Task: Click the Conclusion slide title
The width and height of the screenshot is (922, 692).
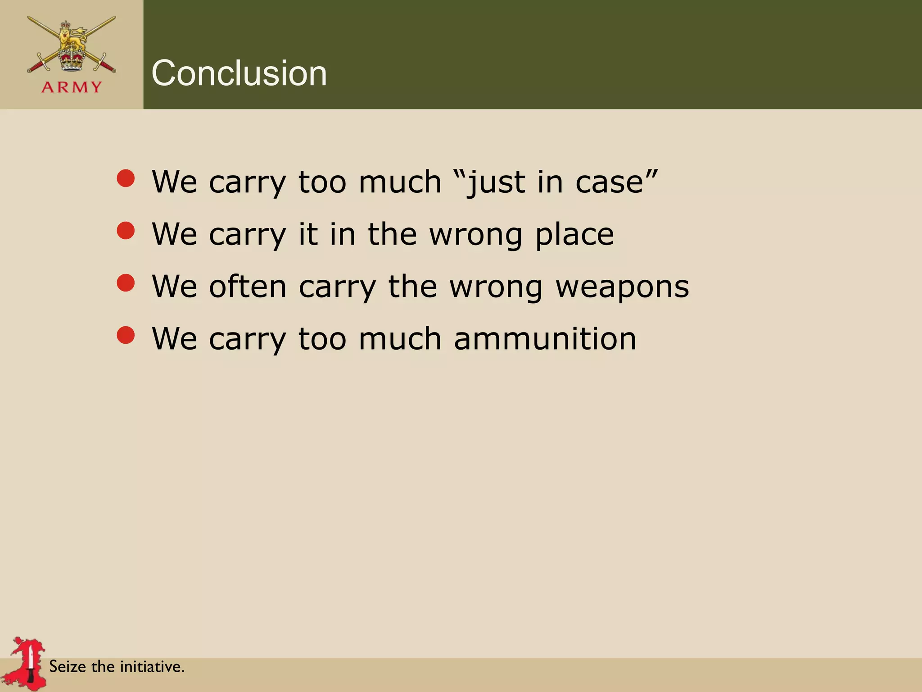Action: click(239, 73)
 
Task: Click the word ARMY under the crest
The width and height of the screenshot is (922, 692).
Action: click(72, 87)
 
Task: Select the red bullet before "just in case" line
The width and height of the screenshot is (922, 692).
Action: click(126, 178)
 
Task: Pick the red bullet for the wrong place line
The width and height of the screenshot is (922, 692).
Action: click(126, 231)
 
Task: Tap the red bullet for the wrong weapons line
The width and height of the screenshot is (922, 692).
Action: click(126, 283)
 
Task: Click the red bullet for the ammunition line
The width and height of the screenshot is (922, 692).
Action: click(126, 335)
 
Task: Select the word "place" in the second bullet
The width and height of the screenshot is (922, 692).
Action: click(574, 234)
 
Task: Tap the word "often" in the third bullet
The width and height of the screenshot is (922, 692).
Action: click(248, 287)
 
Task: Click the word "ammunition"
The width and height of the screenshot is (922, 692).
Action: click(545, 339)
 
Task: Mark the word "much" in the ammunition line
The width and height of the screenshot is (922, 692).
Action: click(400, 339)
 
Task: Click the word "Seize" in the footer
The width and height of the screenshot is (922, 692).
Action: click(67, 666)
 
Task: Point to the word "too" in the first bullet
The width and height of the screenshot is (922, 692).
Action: click(322, 182)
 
